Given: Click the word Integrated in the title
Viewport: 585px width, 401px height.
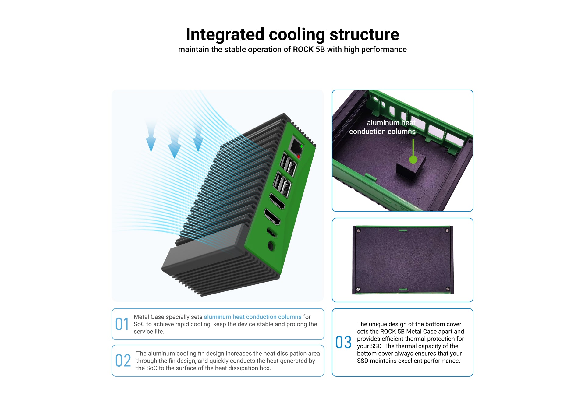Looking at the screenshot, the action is coord(225,35).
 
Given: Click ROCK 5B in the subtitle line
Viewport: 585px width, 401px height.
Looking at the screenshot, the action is coord(309,49).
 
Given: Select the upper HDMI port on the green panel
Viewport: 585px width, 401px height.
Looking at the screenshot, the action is coord(277,201).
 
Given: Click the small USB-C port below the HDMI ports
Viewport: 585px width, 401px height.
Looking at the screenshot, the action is coord(271,232).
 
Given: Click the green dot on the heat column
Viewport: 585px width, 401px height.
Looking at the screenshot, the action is coord(413,159).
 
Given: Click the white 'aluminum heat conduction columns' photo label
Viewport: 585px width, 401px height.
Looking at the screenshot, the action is coord(382,127).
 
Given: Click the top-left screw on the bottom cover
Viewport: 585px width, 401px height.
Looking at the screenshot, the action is coord(359,231).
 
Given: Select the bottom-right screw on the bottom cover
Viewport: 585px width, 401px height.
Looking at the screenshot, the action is coord(448,289).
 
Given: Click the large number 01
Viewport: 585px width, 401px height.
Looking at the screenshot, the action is coord(122,324).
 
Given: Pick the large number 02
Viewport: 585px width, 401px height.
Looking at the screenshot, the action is coord(123,361).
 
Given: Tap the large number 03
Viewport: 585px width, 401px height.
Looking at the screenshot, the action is coord(343,343).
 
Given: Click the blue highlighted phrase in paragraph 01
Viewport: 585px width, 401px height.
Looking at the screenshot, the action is coord(253,317).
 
